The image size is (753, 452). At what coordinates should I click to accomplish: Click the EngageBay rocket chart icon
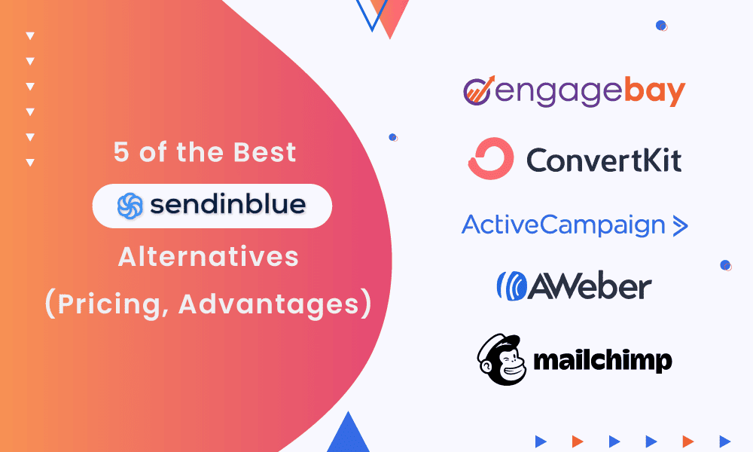[x=479, y=90]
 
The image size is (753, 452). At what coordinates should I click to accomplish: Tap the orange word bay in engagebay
[x=654, y=91]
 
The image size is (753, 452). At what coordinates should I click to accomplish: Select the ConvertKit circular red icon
[x=490, y=158]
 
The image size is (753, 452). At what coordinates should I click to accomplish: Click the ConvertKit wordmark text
[x=604, y=160]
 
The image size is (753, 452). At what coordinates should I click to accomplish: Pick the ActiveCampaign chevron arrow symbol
[x=681, y=226]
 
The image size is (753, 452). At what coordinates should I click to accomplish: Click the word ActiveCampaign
[x=563, y=225]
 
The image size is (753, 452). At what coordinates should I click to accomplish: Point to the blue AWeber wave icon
[x=512, y=286]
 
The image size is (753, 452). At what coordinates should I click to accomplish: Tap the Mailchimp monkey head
[x=501, y=359]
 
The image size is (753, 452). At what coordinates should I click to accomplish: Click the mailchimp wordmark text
[x=602, y=361]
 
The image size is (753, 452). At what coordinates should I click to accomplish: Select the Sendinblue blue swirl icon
[x=130, y=206]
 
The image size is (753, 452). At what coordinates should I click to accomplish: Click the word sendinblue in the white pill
[x=228, y=205]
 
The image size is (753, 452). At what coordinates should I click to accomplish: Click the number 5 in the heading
[x=121, y=152]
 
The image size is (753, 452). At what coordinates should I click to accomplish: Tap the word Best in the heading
[x=264, y=152]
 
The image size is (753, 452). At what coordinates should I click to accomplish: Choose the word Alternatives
[x=209, y=256]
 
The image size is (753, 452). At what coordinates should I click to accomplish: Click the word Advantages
[x=269, y=304]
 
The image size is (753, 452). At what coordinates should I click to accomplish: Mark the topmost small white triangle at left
[x=30, y=35]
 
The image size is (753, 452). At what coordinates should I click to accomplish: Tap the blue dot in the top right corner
[x=661, y=26]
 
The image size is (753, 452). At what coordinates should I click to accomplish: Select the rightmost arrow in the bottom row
[x=724, y=441]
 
